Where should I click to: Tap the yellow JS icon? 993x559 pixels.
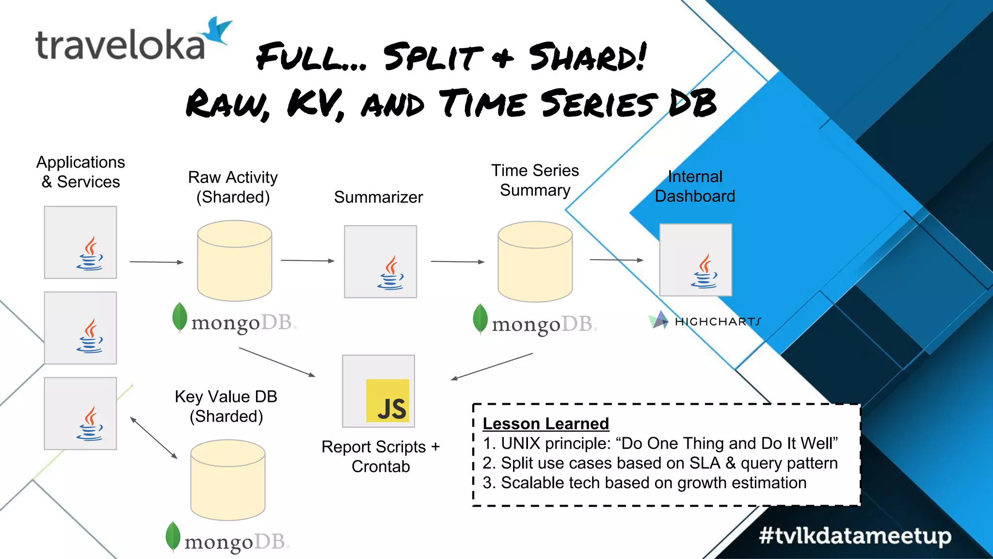coord(387,400)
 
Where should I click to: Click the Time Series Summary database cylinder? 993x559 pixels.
coord(535,262)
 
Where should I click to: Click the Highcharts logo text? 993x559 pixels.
coord(718,322)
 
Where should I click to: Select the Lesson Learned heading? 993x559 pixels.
coord(545,424)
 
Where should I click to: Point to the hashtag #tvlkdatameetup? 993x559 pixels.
coord(855,536)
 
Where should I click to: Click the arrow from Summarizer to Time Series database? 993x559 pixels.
coord(457,262)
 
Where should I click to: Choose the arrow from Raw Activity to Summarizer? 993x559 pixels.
coord(307,261)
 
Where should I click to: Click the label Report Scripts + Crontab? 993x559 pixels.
coord(381,456)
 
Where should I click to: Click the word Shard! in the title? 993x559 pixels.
coord(587,57)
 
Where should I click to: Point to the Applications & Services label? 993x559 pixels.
coord(80,172)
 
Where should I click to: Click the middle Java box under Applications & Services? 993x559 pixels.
coord(80,328)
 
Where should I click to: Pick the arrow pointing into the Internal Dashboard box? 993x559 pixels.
coord(616,260)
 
